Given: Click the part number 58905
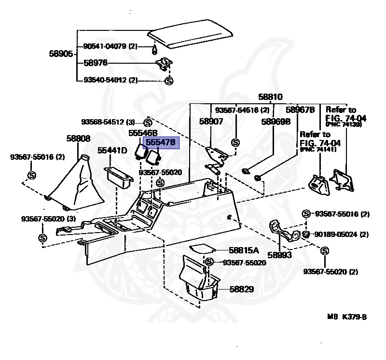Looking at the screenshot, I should click(61, 54).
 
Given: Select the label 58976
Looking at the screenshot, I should click(96, 63).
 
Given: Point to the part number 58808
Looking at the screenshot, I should click(78, 138).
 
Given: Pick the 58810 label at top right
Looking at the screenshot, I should click(270, 97).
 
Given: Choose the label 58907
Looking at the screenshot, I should click(211, 122).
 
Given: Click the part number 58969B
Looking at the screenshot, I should click(276, 122).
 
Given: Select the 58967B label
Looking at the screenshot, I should click(300, 110).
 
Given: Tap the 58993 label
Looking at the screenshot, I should click(280, 254).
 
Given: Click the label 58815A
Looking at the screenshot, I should click(244, 250).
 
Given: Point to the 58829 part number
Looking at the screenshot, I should click(241, 290).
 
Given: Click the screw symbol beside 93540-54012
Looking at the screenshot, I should click(169, 81).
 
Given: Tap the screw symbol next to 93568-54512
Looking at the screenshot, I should click(148, 122).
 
